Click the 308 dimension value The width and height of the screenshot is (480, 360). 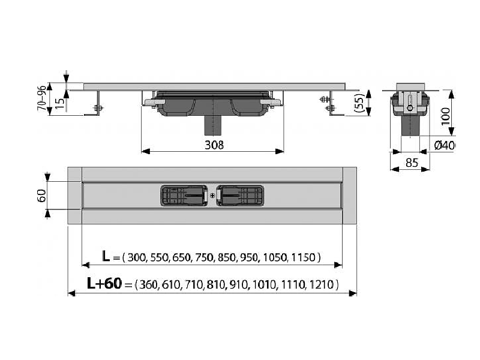tap(214, 145)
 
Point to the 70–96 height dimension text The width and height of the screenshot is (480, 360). tap(42, 98)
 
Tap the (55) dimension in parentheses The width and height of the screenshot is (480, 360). tap(361, 103)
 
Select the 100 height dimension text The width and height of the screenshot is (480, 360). tap(446, 116)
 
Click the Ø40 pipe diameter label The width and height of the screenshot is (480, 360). tap(444, 145)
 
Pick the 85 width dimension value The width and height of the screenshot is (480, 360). tap(412, 163)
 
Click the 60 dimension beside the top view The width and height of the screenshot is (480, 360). tap(41, 196)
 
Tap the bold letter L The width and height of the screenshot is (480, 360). tap(106, 256)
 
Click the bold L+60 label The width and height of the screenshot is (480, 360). tap(104, 283)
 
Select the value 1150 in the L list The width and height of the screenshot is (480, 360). tap(303, 257)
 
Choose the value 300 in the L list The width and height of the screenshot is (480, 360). tap(136, 257)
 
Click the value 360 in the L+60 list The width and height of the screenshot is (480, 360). tap(148, 285)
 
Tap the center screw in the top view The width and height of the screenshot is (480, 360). tap(212, 196)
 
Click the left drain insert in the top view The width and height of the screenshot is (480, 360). tap(184, 196)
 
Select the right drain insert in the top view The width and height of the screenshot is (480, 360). tap(240, 196)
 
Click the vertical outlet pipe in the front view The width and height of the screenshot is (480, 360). tap(212, 125)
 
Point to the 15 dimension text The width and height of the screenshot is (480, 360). tap(61, 103)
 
